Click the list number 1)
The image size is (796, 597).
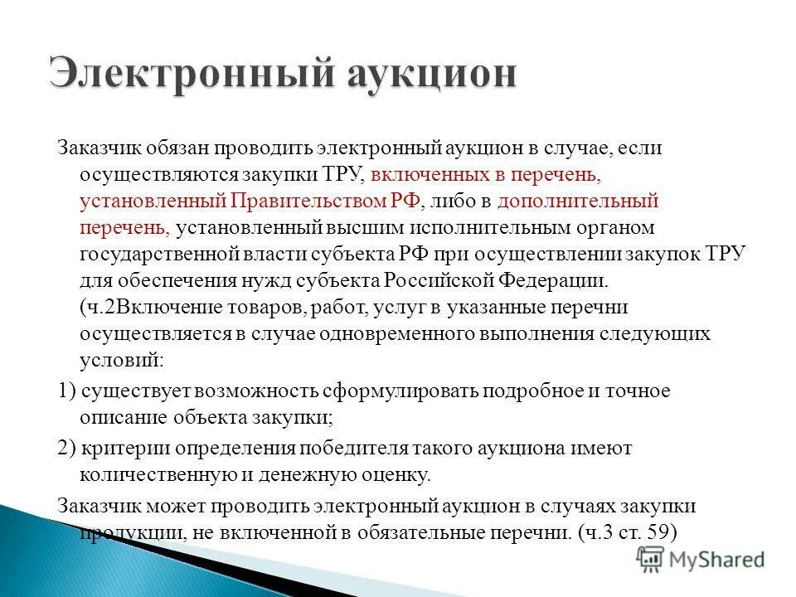[67, 391]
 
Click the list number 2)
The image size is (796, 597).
[67, 448]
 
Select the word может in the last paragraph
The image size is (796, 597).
[174, 505]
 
